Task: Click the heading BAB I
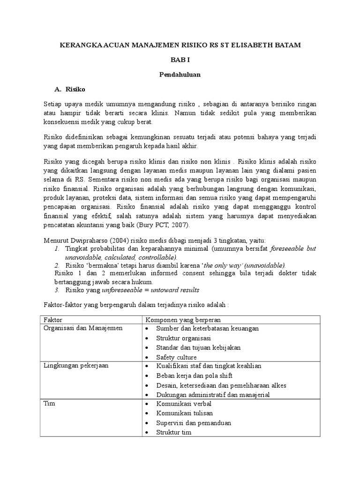click(180, 60)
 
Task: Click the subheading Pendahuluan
click(180, 74)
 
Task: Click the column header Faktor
click(52, 319)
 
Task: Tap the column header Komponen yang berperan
click(179, 319)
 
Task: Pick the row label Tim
click(48, 403)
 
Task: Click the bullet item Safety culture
click(177, 357)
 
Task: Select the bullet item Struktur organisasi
click(184, 338)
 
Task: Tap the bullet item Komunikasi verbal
click(184, 404)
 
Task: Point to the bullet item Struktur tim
click(174, 432)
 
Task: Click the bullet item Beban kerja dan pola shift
click(195, 375)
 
